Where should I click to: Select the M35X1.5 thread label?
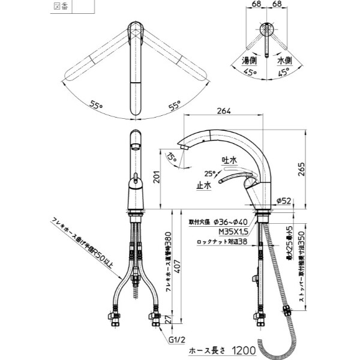pyautogui.click(x=218, y=232)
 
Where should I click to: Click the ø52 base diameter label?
pyautogui.click(x=284, y=201)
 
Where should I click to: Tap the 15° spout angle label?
pyautogui.click(x=173, y=158)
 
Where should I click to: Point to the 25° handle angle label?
pyautogui.click(x=209, y=173)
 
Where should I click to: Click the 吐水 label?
pyautogui.click(x=230, y=161)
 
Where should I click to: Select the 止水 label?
pyautogui.click(x=203, y=186)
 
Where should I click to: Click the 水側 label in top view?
pyautogui.click(x=284, y=60)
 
